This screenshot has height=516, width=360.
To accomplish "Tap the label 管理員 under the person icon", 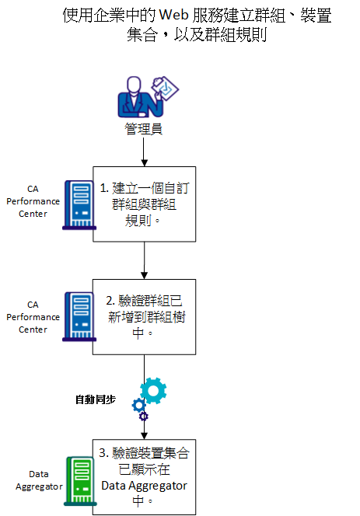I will [144, 129].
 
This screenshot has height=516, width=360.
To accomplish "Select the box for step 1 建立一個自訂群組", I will [144, 203].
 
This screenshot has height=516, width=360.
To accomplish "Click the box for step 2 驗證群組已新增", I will [144, 316].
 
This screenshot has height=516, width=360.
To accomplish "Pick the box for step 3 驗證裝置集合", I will [144, 476].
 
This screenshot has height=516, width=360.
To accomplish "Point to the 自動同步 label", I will [95, 399].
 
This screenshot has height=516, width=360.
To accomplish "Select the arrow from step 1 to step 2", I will [144, 260].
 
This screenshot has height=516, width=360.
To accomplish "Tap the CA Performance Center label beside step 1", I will [33, 201].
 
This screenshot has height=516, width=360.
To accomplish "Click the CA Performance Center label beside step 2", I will [33, 317].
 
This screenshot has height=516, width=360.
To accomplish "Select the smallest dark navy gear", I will [143, 417].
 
